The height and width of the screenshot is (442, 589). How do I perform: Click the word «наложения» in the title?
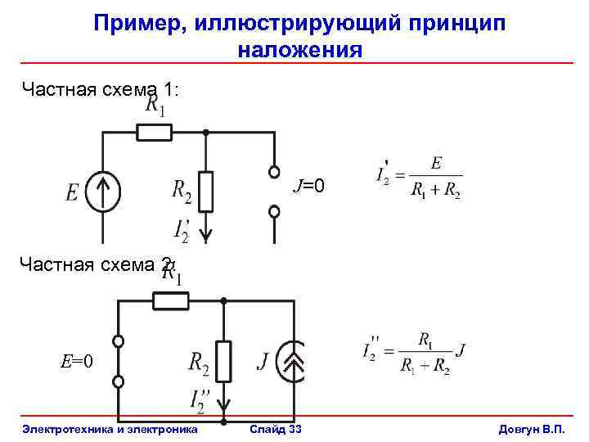300,50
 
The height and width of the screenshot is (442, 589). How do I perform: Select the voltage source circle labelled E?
103,194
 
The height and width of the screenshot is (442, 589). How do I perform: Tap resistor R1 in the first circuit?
154,132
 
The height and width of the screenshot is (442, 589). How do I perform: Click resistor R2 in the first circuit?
205,192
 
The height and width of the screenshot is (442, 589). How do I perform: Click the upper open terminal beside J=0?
274,173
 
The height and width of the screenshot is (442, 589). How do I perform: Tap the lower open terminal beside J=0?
274,211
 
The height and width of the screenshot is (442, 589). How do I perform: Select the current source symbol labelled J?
293,361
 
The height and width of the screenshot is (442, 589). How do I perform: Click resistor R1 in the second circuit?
170,300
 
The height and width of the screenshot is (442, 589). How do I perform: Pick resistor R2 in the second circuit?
223,361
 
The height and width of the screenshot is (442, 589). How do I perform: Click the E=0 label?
77,361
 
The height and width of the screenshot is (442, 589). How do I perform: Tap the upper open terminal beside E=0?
118,341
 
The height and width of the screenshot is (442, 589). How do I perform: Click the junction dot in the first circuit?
205,132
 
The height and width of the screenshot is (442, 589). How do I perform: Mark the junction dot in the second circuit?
223,300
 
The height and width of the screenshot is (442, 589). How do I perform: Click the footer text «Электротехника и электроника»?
110,429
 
